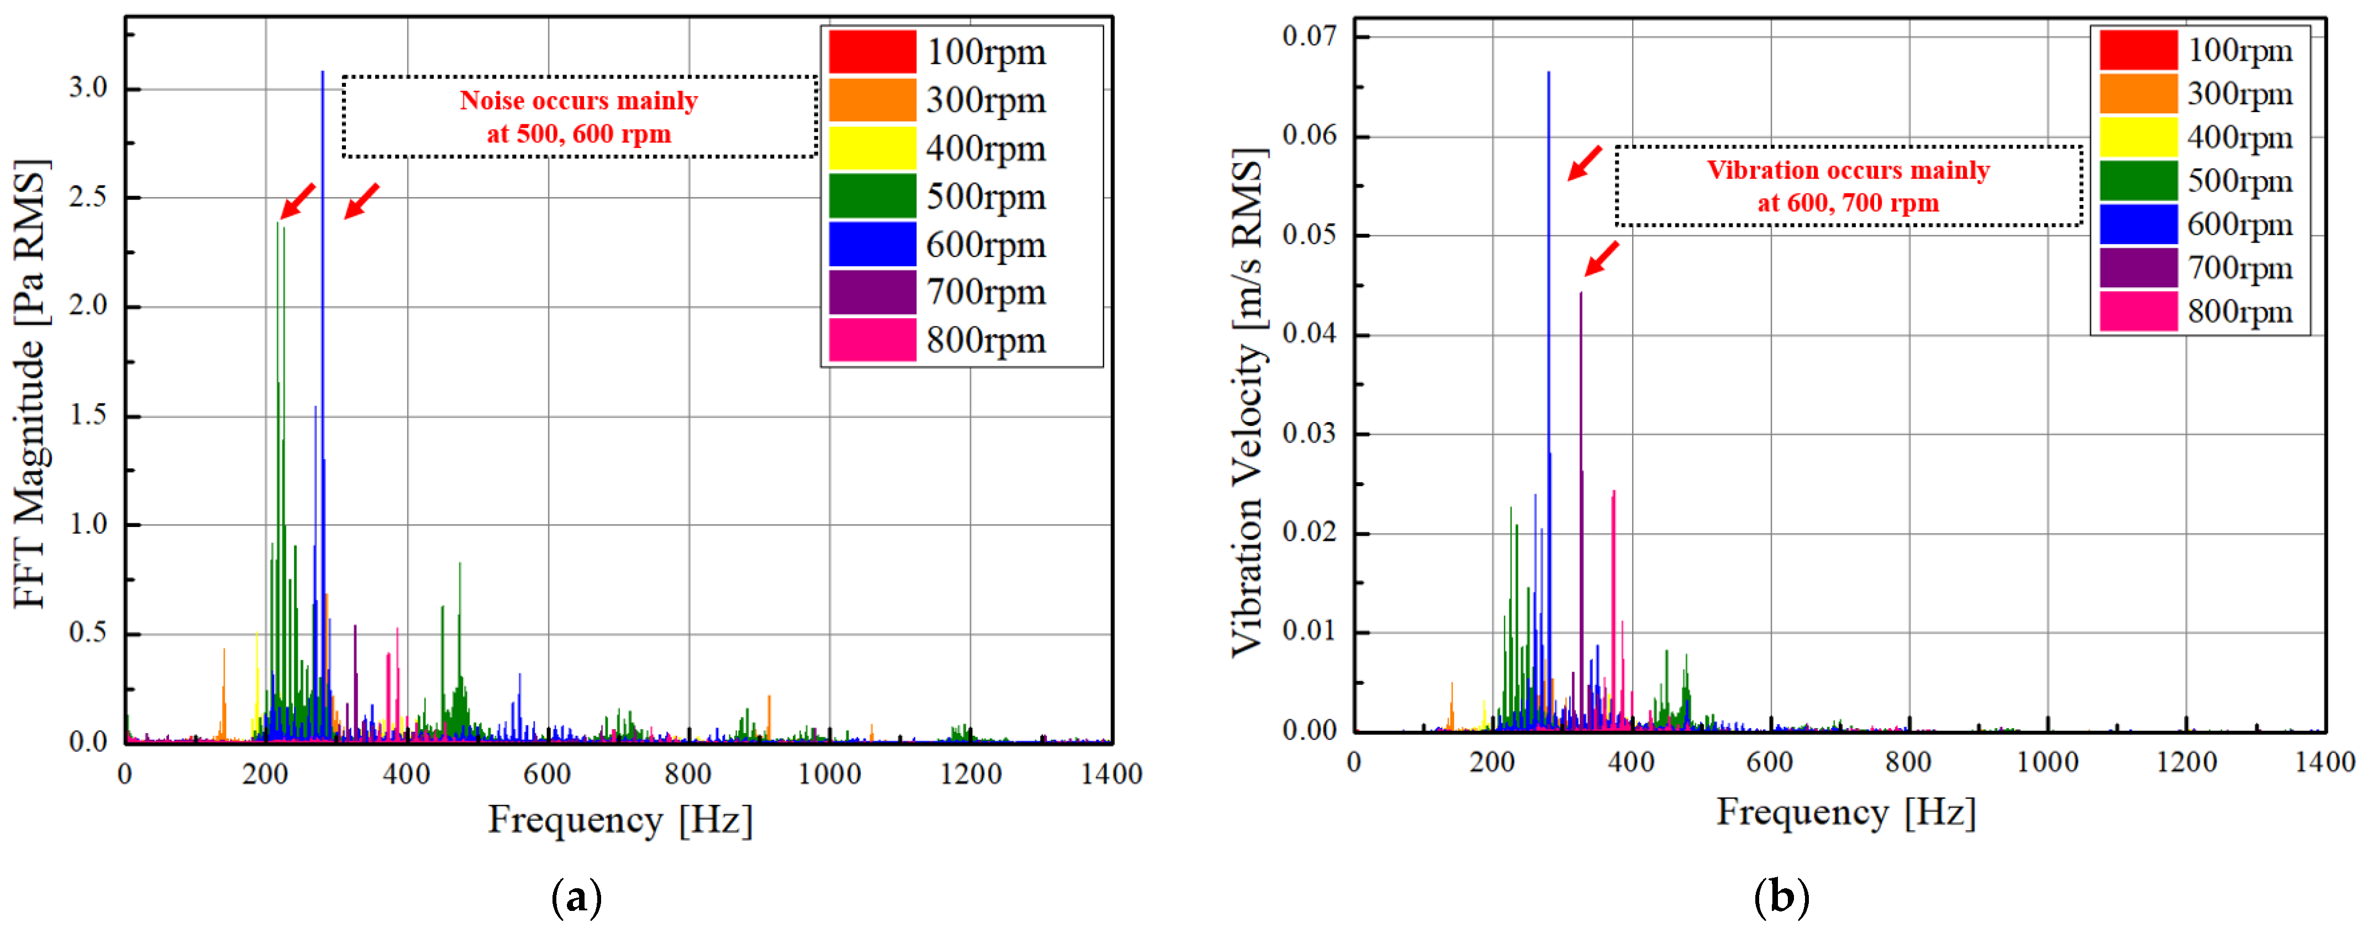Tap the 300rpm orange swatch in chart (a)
tap(871, 100)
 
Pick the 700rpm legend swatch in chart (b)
tap(2138, 268)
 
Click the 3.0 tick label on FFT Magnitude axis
tap(88, 88)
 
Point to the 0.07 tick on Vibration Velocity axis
tap(1309, 37)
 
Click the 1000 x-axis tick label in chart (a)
tap(829, 774)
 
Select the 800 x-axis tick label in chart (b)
tap(1908, 762)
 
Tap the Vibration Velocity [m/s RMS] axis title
tap(1248, 403)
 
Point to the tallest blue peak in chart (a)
tap(322, 73)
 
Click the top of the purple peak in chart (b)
tap(1580, 294)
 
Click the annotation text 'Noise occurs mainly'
tap(578, 100)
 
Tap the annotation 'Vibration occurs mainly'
tap(1848, 170)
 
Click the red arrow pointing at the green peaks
tap(298, 201)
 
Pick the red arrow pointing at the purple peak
tap(1601, 259)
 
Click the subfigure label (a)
tap(576, 896)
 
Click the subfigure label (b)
tap(1781, 896)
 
